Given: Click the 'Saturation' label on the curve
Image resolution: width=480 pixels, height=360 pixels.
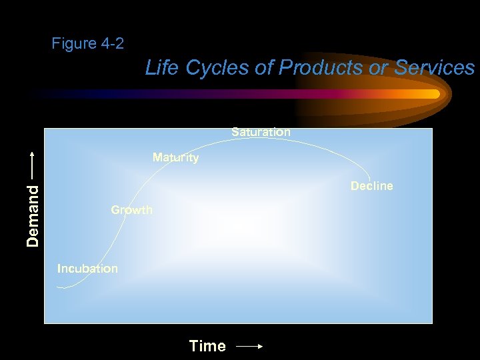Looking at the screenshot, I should coord(261,132).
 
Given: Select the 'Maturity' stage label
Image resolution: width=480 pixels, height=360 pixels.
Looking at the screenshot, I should coord(175,158).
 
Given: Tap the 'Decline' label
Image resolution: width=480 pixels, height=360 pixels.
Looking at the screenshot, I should coord(371,186).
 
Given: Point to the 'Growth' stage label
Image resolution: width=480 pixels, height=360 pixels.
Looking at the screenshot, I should coord(131,210).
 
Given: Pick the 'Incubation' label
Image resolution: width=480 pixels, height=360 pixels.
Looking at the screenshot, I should coord(87,269).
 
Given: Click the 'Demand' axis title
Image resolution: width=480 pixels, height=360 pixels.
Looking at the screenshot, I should coord(33,215).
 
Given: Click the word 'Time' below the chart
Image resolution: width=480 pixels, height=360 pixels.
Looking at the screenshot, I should coord(207,346).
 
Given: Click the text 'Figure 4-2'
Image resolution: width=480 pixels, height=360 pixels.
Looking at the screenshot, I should coord(87,44).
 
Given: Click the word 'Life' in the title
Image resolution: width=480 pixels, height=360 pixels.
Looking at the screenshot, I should coord(160,67).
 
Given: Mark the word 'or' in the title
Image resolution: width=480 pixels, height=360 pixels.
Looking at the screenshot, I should coord(377,67).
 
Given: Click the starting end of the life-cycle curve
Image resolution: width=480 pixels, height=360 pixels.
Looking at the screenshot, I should coord(58,287).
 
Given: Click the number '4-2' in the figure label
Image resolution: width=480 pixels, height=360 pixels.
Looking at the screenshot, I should coord(112,44).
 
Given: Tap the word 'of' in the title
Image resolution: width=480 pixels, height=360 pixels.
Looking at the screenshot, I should coord(263,67).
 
